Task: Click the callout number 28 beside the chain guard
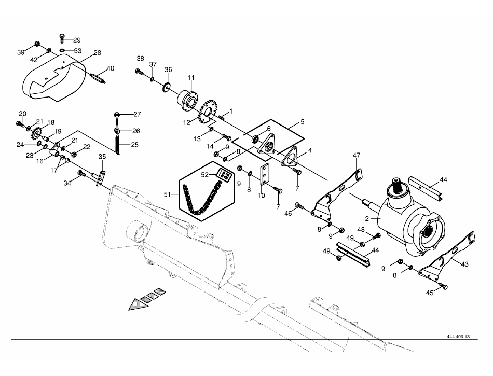click(x=98, y=53)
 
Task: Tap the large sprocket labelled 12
click(x=208, y=112)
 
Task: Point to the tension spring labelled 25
click(x=118, y=145)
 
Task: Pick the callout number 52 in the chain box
click(x=205, y=175)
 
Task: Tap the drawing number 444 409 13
click(x=458, y=337)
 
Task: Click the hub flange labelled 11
click(x=188, y=99)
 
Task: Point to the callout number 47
click(x=356, y=155)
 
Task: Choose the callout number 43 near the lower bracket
click(x=464, y=264)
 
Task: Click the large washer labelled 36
click(x=167, y=87)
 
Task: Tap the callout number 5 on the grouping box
click(x=302, y=122)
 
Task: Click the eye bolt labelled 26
click(x=117, y=130)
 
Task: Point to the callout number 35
click(x=102, y=157)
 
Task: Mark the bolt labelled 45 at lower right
click(x=444, y=286)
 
